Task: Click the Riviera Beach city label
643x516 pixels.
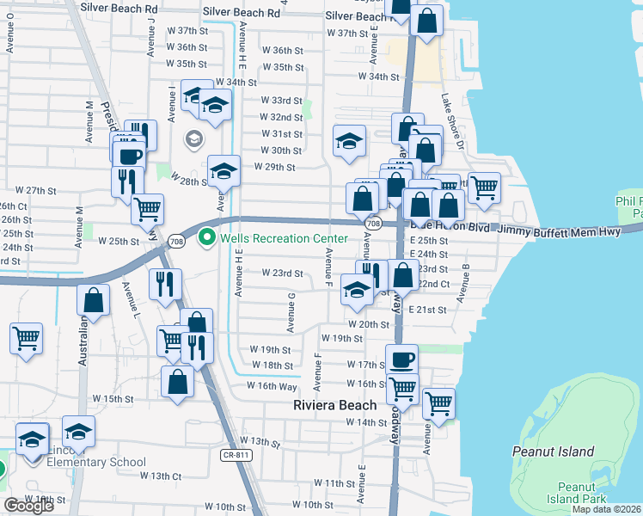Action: coord(334,405)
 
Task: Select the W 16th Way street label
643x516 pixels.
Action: coord(273,386)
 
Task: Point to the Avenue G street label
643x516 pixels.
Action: coord(292,312)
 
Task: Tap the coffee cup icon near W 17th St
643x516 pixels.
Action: coord(401,358)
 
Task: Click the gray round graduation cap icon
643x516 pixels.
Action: coord(193,138)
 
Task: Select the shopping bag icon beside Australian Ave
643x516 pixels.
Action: coord(94,300)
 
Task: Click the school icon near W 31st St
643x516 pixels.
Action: coord(349,140)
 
